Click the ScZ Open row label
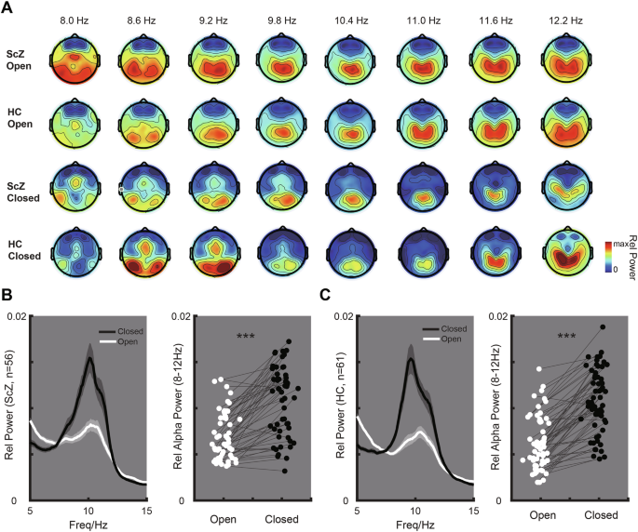(x=21, y=60)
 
